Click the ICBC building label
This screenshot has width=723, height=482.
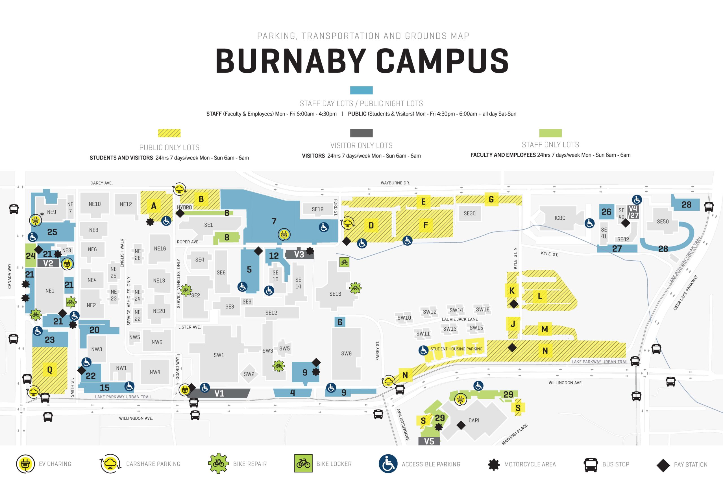point(560,218)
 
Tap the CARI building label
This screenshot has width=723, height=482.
point(474,420)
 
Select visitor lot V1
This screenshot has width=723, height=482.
point(219,393)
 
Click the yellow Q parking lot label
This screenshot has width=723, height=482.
point(49,370)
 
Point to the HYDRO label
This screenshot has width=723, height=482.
point(184,208)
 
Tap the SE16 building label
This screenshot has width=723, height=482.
point(335,294)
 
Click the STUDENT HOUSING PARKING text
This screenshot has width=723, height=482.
point(456,349)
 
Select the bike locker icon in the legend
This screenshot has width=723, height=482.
point(303,464)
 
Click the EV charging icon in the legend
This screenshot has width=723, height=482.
point(25,464)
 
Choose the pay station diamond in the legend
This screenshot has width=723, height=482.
point(663,465)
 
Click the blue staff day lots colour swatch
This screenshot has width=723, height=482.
point(361,90)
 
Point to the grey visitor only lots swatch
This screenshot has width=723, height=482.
point(361,133)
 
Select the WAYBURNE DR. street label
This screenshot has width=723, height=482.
point(395,183)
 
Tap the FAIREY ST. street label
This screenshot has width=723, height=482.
point(378,350)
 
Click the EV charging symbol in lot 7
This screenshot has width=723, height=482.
point(284,235)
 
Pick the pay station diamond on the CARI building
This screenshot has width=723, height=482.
point(461,426)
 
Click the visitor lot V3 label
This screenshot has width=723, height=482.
point(299,254)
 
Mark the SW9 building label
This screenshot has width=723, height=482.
point(346,354)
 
